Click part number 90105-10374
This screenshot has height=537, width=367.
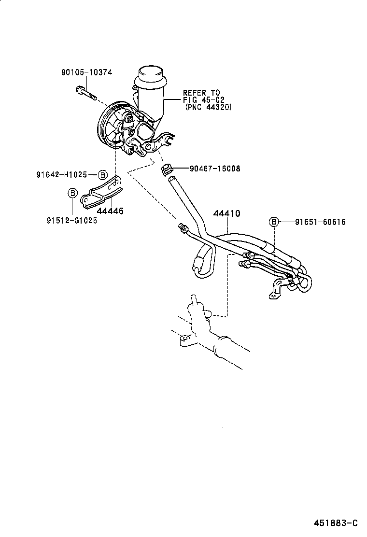[x=86, y=72]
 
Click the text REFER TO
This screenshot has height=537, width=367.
[x=201, y=93]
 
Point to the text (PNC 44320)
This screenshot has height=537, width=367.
[x=208, y=107]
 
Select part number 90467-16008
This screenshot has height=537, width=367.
[x=215, y=169]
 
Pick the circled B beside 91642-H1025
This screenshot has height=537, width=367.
[x=102, y=174]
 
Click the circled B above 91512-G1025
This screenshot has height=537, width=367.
[x=72, y=193]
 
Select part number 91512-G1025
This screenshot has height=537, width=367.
[x=71, y=220]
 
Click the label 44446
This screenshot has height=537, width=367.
[x=110, y=211]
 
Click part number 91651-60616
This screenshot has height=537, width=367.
[x=321, y=222]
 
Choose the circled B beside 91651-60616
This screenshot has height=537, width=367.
[x=274, y=222]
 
